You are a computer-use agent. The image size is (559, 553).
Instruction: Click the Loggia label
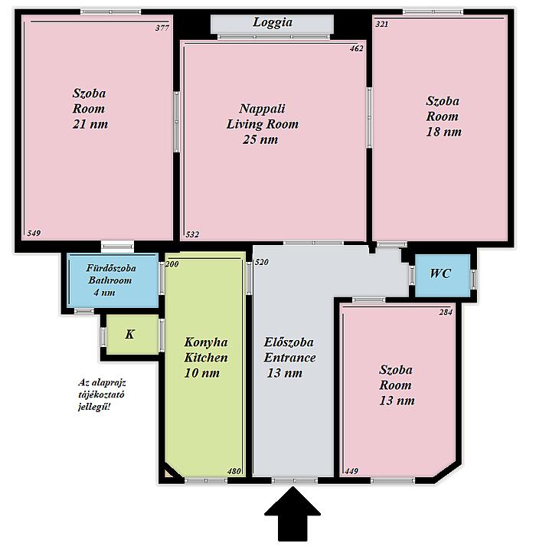273,22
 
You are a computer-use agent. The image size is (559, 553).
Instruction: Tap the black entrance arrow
293,514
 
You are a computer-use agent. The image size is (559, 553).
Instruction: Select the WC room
443,275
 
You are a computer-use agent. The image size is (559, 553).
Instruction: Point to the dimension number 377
162,28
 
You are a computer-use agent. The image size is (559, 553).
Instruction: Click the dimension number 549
34,233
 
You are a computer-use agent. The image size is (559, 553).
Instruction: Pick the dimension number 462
357,48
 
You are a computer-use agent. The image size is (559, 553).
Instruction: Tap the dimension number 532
192,234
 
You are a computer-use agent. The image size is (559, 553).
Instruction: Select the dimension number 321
382,25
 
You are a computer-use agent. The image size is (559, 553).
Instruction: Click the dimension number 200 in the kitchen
172,264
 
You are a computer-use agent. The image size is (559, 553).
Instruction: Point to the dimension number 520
262,262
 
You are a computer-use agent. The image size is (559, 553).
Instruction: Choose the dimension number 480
234,471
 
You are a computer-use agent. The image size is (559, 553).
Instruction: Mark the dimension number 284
446,312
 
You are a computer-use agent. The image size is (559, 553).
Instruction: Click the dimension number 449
351,471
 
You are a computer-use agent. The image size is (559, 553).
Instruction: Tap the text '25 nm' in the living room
260,139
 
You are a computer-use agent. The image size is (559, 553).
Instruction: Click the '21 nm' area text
90,124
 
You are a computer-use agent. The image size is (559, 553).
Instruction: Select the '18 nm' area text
444,132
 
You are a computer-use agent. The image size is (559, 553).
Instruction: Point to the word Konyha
206,342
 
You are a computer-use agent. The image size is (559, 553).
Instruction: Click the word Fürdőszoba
111,268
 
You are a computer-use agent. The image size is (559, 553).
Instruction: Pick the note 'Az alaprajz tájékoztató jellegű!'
102,394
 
